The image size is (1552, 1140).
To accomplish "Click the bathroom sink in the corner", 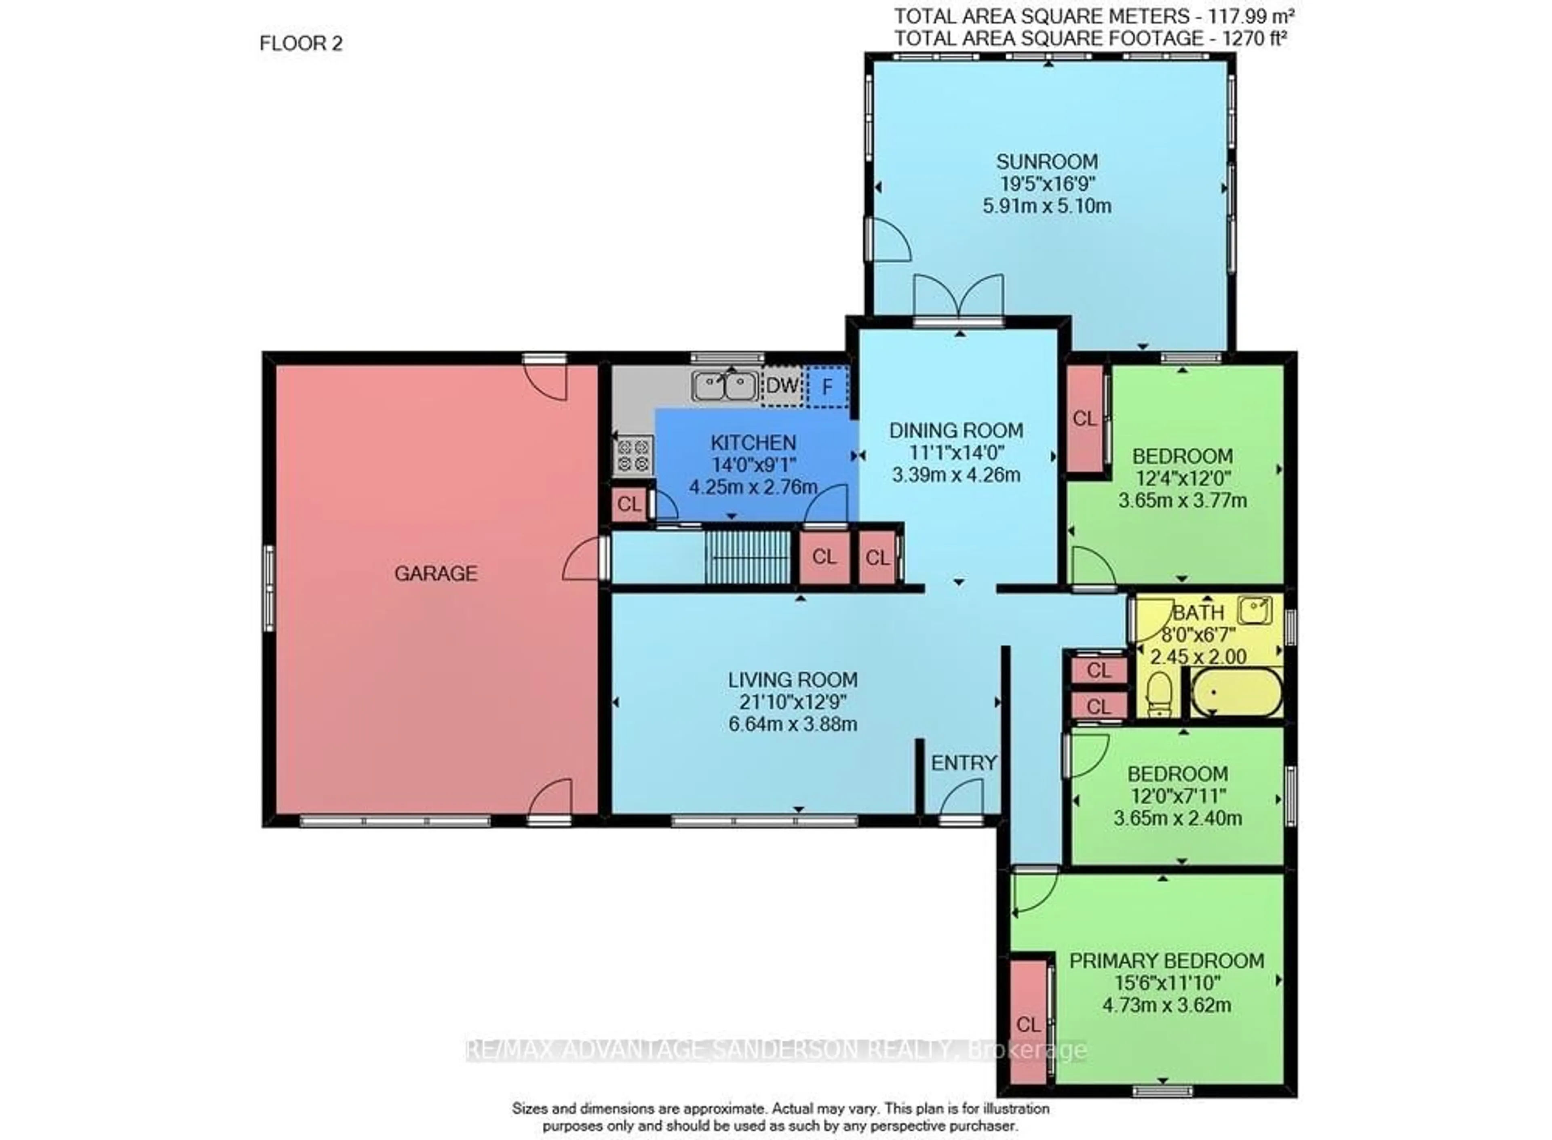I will (1255, 610).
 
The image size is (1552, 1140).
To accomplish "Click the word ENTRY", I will (964, 763).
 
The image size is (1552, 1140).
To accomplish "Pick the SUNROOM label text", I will (1047, 162).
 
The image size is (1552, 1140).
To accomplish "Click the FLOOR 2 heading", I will (301, 44).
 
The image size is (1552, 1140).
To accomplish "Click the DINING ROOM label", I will (956, 431).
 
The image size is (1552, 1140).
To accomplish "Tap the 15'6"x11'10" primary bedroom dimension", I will (1166, 983).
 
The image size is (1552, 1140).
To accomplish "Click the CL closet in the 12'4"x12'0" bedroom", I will (1085, 418).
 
